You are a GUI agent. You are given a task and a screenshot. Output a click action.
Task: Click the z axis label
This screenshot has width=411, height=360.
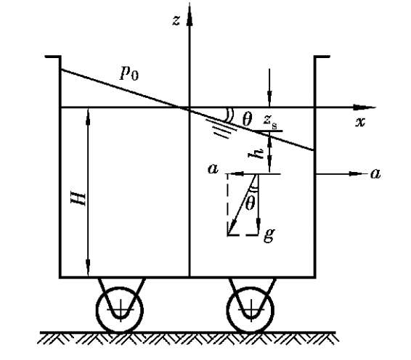tap(176, 20)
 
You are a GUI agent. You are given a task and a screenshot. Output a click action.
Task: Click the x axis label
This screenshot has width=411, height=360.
tap(360, 122)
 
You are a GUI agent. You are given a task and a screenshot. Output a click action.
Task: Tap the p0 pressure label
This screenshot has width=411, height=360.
tap(129, 73)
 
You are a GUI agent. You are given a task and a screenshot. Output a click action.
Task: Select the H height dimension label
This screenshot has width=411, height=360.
tap(78, 199)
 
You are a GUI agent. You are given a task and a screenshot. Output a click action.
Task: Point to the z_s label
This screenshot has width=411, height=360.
tap(270, 121)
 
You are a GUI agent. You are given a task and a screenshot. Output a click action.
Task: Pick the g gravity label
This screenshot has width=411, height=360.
tap(269, 234)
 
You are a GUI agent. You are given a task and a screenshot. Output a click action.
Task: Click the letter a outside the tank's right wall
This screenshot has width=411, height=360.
tap(375, 173)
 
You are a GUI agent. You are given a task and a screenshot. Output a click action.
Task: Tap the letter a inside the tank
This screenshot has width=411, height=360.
tap(213, 169)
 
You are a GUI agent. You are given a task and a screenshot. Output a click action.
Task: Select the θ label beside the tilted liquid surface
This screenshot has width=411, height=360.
tap(247, 119)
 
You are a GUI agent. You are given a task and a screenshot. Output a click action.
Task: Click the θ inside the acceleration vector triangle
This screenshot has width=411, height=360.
tap(250, 203)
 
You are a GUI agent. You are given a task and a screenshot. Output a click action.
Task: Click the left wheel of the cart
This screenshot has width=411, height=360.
tap(120, 310)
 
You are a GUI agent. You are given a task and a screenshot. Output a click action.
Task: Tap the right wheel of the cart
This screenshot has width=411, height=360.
tap(251, 310)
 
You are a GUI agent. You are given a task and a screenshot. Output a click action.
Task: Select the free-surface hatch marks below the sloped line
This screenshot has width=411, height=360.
tap(221, 129)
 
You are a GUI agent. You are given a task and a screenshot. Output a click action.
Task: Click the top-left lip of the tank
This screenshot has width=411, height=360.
tap(53, 57)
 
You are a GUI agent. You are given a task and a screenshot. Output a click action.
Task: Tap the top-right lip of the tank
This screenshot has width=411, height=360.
tap(322, 57)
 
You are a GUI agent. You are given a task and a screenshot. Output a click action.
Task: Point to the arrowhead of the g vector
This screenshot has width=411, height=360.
tap(259, 225)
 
